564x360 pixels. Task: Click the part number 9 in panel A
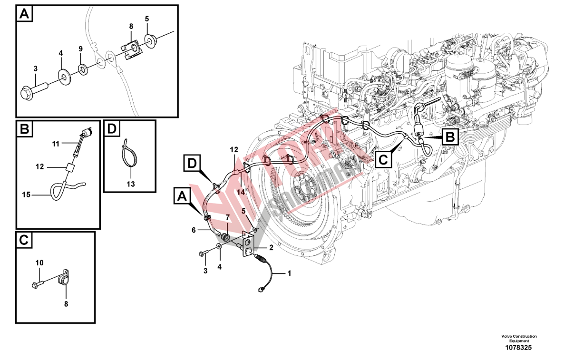[x=80, y=49]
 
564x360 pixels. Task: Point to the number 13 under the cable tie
[x=131, y=184]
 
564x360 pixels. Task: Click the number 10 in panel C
[x=39, y=263]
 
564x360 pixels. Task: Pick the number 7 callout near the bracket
[x=228, y=218]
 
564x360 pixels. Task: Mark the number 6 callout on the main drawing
[x=194, y=230]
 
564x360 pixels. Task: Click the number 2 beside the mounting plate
[x=271, y=247]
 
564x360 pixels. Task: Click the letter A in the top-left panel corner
[x=24, y=14]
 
